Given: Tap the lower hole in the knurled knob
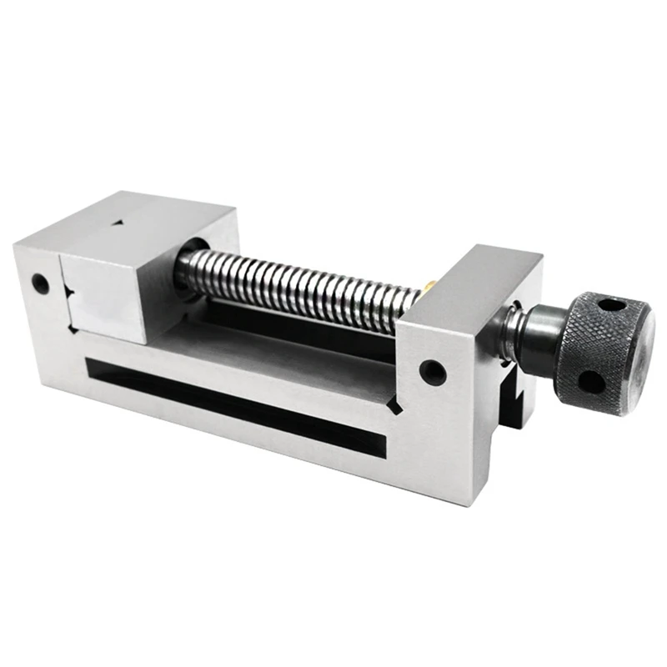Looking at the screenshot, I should pos(590,381).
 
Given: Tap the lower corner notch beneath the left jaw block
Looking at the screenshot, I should pos(76,332).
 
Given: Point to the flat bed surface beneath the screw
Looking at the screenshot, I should pos(275,333).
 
